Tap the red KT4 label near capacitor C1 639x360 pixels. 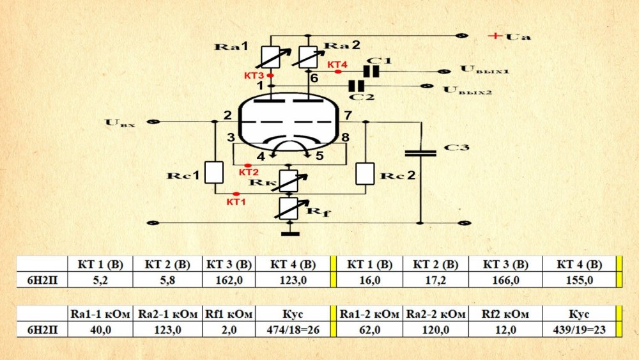[x=337, y=65]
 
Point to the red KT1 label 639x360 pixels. [x=236, y=201]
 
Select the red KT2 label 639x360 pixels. [x=249, y=172]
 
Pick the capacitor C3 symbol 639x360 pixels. [x=421, y=153]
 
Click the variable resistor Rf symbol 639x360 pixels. [x=291, y=207]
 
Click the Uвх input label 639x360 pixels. [x=120, y=122]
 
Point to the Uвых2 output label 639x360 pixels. [x=467, y=90]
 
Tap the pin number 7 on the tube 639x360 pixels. [x=347, y=116]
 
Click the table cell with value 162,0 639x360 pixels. [x=228, y=279]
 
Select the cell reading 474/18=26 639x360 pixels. [x=294, y=329]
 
